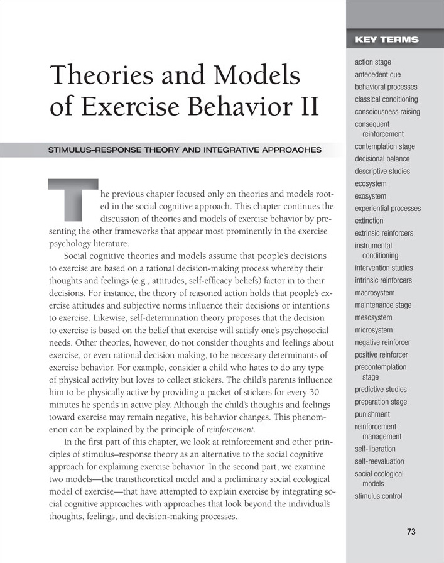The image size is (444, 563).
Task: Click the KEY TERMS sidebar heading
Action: (386, 40)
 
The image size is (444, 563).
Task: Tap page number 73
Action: (411, 532)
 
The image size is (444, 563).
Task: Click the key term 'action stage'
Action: (373, 62)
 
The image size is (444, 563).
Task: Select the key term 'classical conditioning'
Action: (386, 99)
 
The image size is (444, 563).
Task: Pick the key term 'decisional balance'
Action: (382, 158)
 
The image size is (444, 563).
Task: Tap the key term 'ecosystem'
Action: (371, 183)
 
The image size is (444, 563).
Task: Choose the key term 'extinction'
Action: (369, 221)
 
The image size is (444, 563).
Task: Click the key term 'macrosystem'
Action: (374, 293)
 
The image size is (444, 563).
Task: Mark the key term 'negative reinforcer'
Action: (382, 342)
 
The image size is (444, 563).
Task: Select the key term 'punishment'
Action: (372, 414)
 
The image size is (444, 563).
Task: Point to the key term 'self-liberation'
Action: (375, 449)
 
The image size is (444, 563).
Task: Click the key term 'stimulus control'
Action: (378, 496)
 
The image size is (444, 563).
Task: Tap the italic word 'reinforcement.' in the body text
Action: (231, 430)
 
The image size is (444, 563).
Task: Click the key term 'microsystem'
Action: (374, 330)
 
